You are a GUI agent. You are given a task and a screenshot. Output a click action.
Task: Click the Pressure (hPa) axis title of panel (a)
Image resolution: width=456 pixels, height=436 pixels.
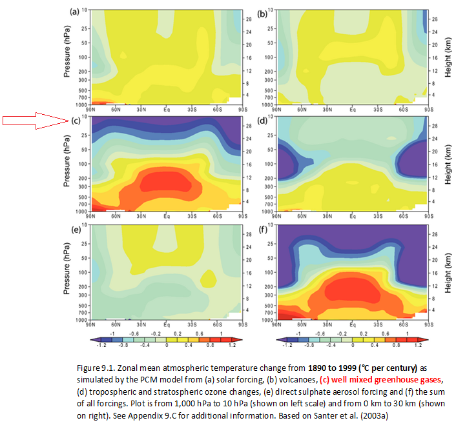point(67,57)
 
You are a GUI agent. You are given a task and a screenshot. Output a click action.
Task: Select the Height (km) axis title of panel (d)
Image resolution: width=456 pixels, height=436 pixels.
point(448,164)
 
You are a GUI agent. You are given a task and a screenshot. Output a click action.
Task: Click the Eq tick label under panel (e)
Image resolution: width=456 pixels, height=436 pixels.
point(166,324)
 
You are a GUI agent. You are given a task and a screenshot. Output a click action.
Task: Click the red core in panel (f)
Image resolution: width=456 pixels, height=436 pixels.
point(352,290)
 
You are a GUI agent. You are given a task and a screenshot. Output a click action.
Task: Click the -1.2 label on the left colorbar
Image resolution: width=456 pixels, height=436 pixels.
point(97,345)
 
